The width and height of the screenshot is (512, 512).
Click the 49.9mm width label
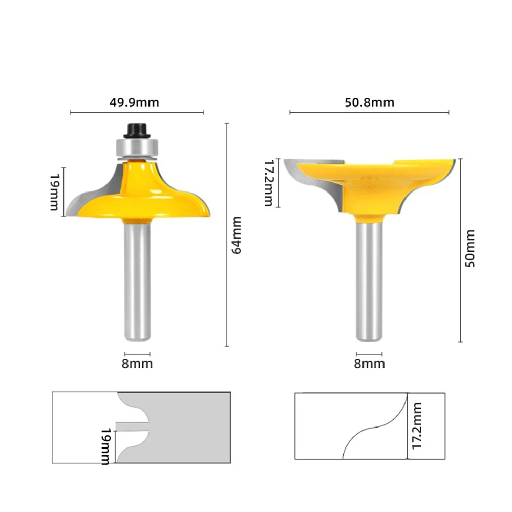[x=134, y=102]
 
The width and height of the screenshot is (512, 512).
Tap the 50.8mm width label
[x=369, y=102]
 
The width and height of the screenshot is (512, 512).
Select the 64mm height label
[x=237, y=235]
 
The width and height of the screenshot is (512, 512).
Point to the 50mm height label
[x=470, y=249]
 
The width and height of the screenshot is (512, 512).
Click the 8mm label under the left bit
[x=137, y=364]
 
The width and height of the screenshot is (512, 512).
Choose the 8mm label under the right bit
[x=369, y=364]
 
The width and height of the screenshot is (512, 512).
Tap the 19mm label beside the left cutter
[x=55, y=193]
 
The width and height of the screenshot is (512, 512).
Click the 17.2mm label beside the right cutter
[x=269, y=183]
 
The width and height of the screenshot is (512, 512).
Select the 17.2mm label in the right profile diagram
[x=417, y=426]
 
